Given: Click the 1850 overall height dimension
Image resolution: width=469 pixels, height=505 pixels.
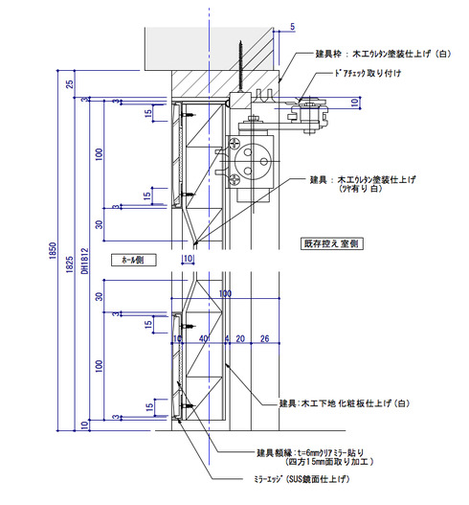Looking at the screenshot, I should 53,251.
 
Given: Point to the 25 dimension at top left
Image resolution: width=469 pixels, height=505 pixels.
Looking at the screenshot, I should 70,84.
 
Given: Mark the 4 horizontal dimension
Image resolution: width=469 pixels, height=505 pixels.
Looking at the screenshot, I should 227,338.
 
